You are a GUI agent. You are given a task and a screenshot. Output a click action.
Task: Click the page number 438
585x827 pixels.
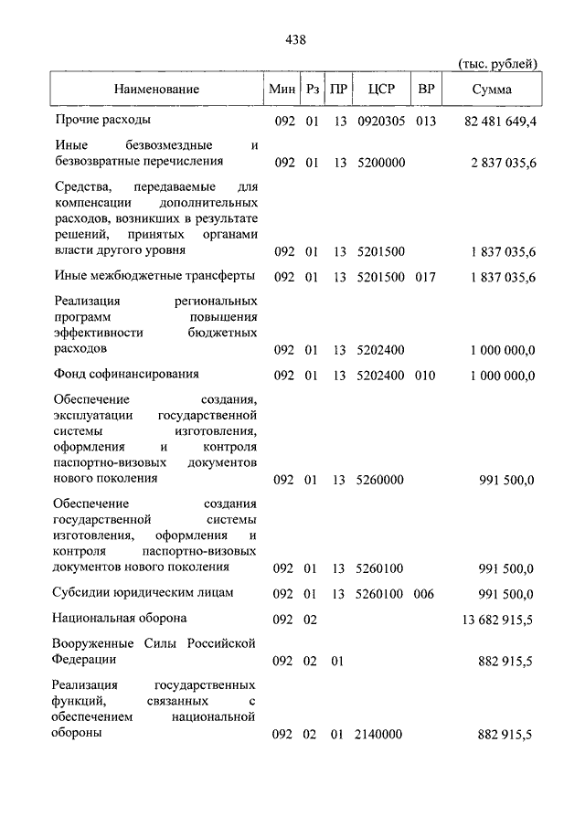[295, 39]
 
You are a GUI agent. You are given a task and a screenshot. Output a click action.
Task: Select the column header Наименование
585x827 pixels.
[156, 90]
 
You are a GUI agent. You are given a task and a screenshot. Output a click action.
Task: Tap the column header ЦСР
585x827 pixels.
[380, 90]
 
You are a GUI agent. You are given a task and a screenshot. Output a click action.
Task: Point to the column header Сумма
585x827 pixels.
[492, 90]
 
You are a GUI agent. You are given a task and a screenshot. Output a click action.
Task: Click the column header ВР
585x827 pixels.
[425, 90]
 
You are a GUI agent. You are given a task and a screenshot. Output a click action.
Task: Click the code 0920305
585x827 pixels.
[379, 121]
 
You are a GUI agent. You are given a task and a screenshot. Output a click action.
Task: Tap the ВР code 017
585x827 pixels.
[425, 277]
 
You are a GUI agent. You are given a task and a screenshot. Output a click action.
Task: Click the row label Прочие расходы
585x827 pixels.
[102, 120]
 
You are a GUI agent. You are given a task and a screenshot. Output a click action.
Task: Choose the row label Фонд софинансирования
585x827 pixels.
[126, 374]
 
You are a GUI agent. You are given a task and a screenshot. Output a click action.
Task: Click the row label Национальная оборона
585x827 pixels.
[120, 618]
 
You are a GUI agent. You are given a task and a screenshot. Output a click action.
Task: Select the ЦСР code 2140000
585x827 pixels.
[379, 734]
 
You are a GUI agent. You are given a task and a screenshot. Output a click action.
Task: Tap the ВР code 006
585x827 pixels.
[425, 594]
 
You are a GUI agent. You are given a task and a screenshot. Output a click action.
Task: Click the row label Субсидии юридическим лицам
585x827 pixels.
[144, 592]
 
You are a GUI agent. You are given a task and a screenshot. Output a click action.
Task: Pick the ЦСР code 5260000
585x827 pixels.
[379, 479]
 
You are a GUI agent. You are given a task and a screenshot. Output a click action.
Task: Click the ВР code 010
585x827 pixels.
[425, 375]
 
